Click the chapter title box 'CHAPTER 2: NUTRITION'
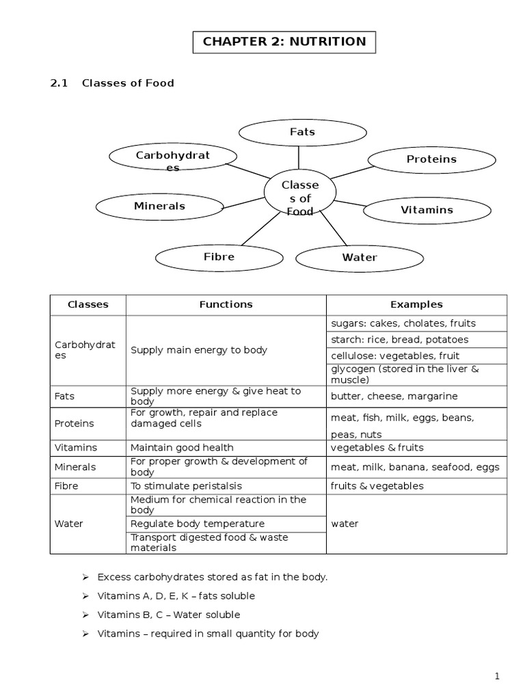(284, 42)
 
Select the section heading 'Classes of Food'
(128, 83)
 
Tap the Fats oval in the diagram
(302, 132)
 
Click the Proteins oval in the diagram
(431, 159)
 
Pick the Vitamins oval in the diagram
(427, 210)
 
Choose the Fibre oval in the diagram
(219, 257)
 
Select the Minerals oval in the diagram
(159, 206)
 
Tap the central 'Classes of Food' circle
(300, 195)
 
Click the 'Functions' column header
(226, 305)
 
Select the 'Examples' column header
(416, 305)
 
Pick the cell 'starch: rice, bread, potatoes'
(400, 340)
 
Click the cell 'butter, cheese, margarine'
(394, 396)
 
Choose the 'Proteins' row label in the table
(75, 424)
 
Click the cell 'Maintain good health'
(183, 448)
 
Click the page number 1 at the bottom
(498, 677)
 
